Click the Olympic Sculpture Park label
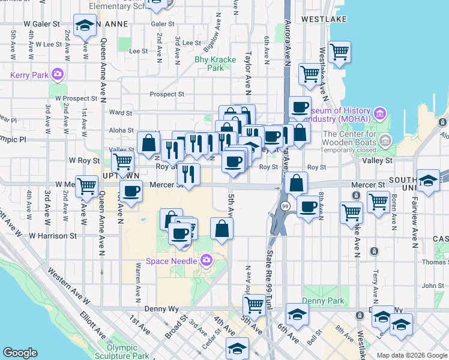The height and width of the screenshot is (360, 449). [x=127, y=352]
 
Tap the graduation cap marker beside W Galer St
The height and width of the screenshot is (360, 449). [x=85, y=26]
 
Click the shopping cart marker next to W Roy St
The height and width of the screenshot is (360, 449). [x=122, y=161]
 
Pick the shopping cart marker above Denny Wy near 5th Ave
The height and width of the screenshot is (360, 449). [x=255, y=304]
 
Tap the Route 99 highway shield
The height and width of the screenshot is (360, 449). [x=285, y=206]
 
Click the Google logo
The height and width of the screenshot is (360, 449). [x=20, y=353]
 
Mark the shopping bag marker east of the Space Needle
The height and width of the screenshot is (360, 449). [x=221, y=228]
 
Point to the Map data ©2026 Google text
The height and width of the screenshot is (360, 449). [x=412, y=355]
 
